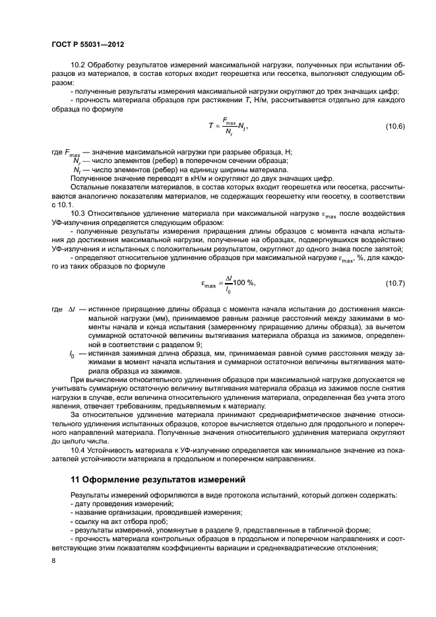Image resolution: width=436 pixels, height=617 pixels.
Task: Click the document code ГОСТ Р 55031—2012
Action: point(88,44)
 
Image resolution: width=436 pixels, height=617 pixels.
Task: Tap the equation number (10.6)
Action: point(396,125)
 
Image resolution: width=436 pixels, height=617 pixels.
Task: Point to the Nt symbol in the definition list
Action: point(77,170)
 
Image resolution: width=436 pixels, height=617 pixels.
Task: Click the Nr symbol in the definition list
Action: point(77,161)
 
